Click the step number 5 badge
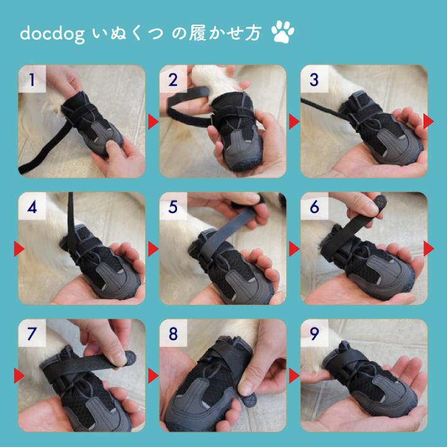click(173, 207)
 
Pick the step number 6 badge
click(314, 207)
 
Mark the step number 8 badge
click(173, 335)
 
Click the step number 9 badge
click(314, 335)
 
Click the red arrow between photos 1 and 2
click(152, 120)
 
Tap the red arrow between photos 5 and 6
click(294, 249)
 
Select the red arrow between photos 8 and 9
click(294, 376)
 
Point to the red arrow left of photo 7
click(19, 376)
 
